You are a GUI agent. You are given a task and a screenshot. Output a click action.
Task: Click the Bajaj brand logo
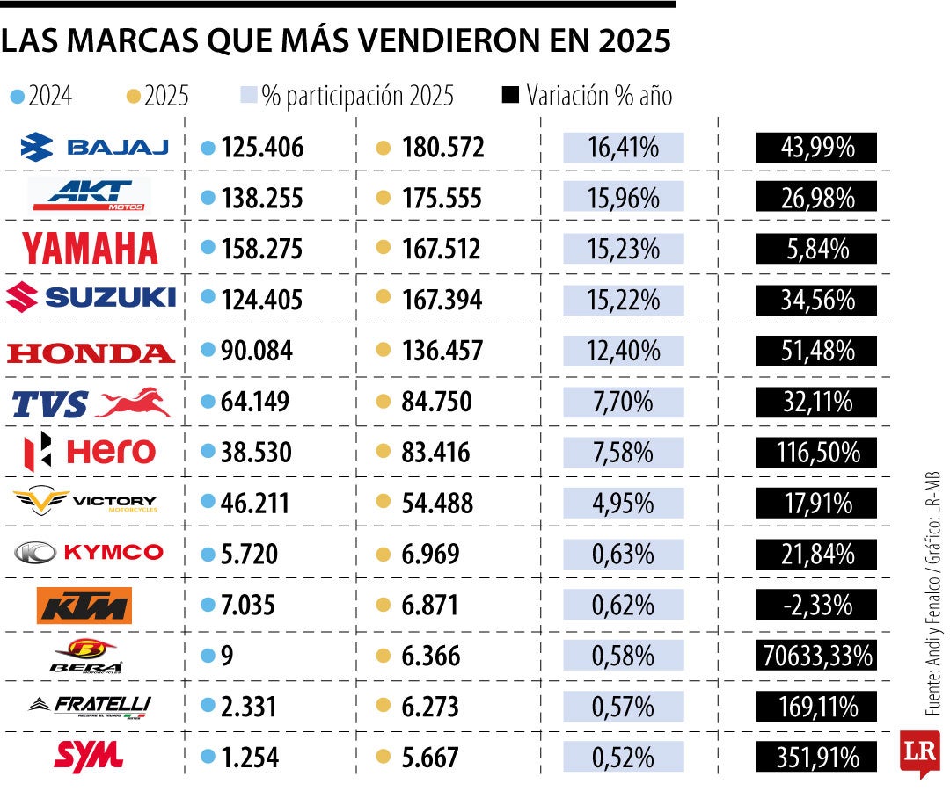click(x=95, y=147)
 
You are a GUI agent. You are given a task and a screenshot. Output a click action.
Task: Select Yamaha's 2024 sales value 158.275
click(x=262, y=249)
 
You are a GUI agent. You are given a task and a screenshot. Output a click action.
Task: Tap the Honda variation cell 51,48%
click(x=816, y=352)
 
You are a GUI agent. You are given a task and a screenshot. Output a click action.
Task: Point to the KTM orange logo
click(x=84, y=606)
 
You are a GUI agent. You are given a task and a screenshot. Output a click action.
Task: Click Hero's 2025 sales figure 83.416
click(x=435, y=454)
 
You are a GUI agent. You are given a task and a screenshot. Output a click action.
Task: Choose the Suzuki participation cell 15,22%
click(x=624, y=300)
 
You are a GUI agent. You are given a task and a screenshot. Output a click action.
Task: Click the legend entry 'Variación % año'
click(x=598, y=95)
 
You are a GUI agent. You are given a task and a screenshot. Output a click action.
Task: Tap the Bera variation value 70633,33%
click(x=816, y=656)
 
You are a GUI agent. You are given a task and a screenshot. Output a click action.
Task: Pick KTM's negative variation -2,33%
click(x=816, y=606)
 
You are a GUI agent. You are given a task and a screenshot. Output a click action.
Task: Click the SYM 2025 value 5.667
click(x=430, y=758)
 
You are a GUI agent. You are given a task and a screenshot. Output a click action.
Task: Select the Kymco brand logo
click(x=89, y=553)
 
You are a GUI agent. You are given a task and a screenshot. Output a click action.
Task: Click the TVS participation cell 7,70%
click(x=624, y=403)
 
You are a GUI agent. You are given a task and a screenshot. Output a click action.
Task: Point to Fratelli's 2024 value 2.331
click(x=250, y=707)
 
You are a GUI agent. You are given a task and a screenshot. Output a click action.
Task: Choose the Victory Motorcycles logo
click(x=85, y=503)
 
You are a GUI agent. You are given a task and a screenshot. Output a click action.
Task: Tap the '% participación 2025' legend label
click(x=357, y=95)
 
